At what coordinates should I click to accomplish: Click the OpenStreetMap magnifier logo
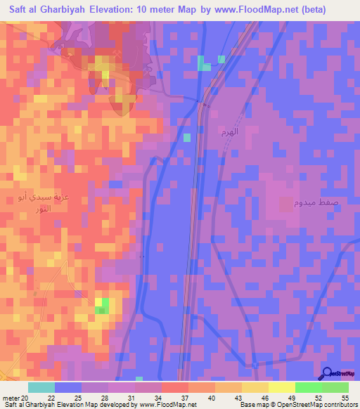pyautogui.click(x=328, y=374)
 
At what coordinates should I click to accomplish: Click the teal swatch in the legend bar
pyautogui.click(x=41, y=387)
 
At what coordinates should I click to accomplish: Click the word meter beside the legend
pyautogui.click(x=10, y=397)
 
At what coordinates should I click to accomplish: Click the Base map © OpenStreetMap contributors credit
pyautogui.click(x=298, y=405)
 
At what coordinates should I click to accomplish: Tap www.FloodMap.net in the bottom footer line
pyautogui.click(x=167, y=405)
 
